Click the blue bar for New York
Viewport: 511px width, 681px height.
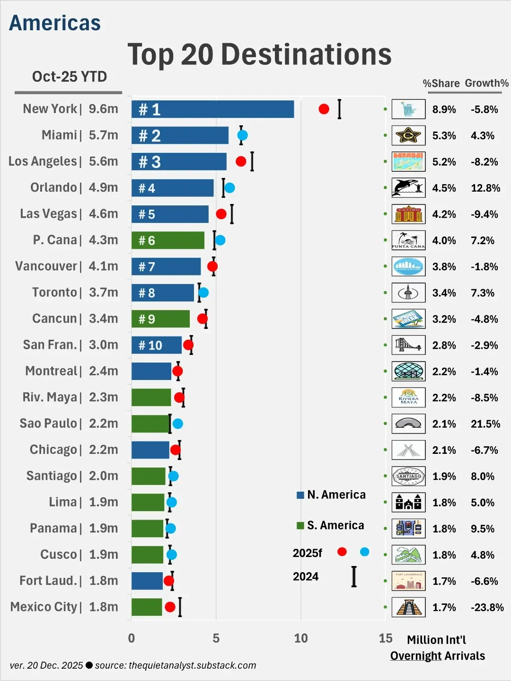click(212, 109)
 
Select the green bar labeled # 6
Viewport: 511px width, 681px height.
click(168, 240)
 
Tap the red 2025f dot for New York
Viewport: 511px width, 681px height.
click(324, 109)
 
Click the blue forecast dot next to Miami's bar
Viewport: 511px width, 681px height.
click(242, 135)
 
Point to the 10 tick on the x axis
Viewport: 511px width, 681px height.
click(301, 638)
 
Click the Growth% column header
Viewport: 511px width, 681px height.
click(486, 83)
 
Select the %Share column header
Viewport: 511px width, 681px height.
click(441, 84)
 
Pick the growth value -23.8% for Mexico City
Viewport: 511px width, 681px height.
click(487, 607)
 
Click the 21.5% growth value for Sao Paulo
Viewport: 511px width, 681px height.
click(485, 424)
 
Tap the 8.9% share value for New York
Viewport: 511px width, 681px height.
click(444, 110)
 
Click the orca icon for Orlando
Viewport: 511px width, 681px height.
click(408, 188)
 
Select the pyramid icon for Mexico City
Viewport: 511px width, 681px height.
click(408, 607)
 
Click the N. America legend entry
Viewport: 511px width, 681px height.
click(331, 495)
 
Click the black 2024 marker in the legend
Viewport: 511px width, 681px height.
click(354, 577)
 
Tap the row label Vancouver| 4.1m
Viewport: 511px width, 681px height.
click(66, 266)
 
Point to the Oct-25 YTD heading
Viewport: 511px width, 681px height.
click(69, 77)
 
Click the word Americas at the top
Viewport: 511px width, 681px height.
click(55, 23)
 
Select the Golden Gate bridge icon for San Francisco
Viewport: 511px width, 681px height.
click(408, 345)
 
